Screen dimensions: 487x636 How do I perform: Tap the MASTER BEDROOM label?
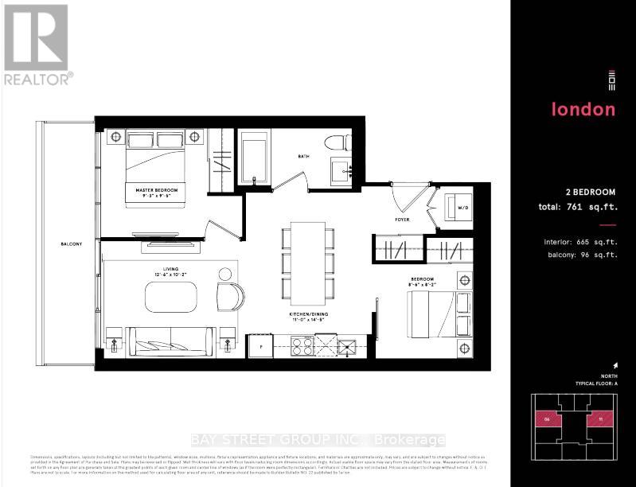pyautogui.click(x=156, y=191)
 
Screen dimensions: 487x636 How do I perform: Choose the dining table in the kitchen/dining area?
pyautogui.click(x=307, y=260)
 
